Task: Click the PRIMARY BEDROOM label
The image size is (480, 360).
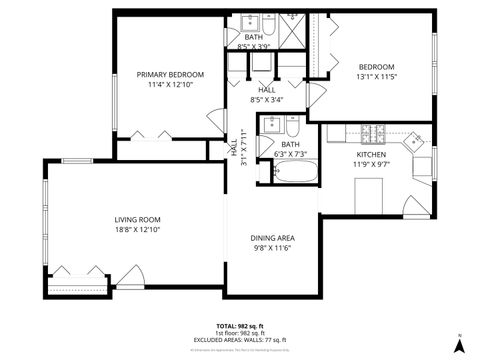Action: [170, 74]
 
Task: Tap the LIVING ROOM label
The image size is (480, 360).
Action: [137, 219]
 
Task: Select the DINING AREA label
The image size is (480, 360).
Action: [270, 237]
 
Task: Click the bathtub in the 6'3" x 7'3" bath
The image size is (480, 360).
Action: [291, 173]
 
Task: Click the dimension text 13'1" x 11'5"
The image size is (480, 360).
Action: [377, 76]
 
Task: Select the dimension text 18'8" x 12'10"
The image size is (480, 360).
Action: [137, 229]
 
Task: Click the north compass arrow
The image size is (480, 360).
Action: [458, 344]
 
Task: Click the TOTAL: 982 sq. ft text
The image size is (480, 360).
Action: [240, 326]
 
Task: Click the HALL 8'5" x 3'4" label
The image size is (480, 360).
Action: [266, 94]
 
